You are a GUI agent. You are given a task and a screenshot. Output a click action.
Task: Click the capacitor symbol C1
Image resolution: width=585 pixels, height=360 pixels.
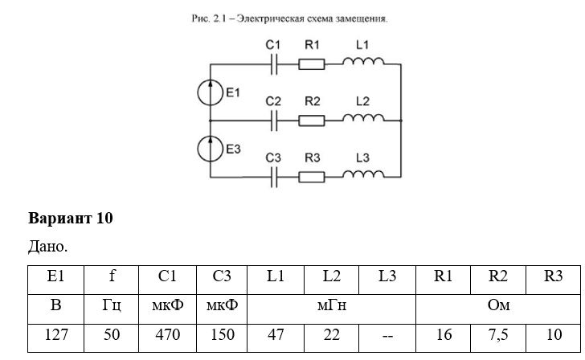coord(274,64)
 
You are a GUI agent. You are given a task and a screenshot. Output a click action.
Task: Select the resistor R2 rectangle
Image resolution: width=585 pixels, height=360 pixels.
coord(312,121)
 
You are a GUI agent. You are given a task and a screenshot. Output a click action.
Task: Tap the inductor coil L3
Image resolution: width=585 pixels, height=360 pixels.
coord(363,174)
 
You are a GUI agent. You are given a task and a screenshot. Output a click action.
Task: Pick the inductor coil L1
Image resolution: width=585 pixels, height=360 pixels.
coord(363,61)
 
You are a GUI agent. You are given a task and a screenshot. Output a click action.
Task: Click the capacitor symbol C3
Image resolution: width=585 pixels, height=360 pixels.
coord(274,178)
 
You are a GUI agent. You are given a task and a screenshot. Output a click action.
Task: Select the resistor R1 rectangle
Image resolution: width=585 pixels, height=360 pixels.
coord(312,64)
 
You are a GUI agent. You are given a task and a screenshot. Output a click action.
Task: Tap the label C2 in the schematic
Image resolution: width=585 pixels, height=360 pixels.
coord(273,101)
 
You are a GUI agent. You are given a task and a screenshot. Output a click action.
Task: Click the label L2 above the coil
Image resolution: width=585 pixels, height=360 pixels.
coord(362,101)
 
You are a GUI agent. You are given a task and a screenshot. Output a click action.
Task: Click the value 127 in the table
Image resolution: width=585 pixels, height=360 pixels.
coord(56,334)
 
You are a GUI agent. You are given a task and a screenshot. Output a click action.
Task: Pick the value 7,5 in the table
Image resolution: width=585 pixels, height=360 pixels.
coord(498,334)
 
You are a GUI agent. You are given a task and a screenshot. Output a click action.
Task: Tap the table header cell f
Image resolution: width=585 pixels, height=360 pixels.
coord(111,280)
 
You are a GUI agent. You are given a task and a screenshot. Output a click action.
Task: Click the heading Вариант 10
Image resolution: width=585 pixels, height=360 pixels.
coord(71,219)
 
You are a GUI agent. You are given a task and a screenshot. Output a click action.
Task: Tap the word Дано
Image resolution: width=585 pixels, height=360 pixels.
coord(47,246)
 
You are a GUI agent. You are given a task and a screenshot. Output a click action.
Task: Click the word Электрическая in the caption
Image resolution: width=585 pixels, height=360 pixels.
coord(270,18)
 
